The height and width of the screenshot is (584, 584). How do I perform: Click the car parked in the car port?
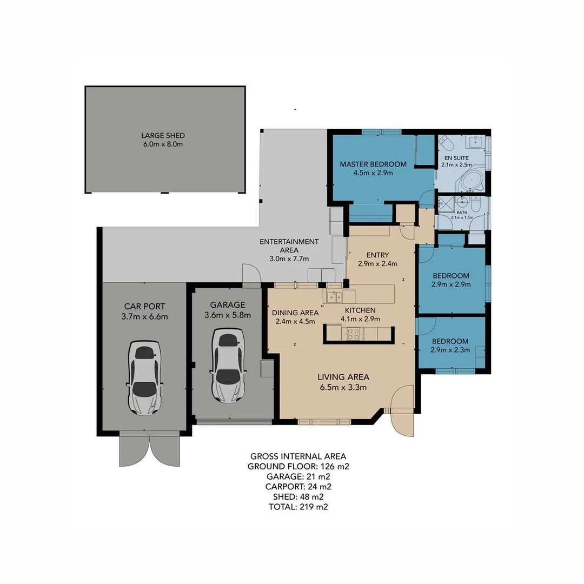pyautogui.click(x=144, y=377)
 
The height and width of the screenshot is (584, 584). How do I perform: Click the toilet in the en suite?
pyautogui.click(x=446, y=143)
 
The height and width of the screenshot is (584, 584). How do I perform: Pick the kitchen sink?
pyautogui.click(x=333, y=296)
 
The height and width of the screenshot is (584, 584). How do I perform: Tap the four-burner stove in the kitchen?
pyautogui.click(x=354, y=334)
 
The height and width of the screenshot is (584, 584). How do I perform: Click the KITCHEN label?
pyautogui.click(x=360, y=310)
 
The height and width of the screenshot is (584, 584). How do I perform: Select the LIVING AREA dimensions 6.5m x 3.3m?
pyautogui.click(x=343, y=387)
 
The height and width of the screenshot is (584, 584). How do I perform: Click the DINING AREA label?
pyautogui.click(x=295, y=313)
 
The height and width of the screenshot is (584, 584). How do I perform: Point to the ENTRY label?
pyautogui.click(x=377, y=255)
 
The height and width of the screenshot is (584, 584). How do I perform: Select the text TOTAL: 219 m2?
pyautogui.click(x=298, y=507)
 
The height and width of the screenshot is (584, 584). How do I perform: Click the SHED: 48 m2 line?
pyautogui.click(x=298, y=496)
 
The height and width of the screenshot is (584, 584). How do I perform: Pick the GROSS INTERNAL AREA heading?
pyautogui.click(x=298, y=456)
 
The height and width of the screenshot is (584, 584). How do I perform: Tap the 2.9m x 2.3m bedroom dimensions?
pyautogui.click(x=450, y=350)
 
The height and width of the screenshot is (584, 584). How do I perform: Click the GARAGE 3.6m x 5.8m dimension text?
pyautogui.click(x=228, y=315)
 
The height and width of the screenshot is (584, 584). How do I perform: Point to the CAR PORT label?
pyautogui.click(x=144, y=306)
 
